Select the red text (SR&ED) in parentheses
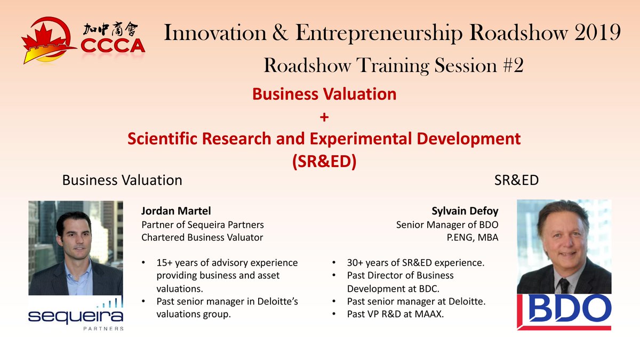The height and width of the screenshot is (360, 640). (324, 161)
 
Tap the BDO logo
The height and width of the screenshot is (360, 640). (564, 311)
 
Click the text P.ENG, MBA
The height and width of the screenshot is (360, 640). (473, 237)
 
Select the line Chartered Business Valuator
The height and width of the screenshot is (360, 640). (202, 237)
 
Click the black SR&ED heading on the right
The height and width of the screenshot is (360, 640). (517, 180)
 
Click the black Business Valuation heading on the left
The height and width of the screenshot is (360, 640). (122, 180)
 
